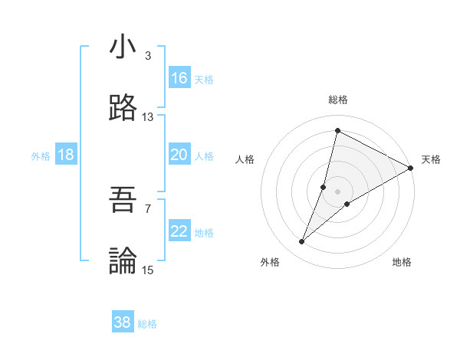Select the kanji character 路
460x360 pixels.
click(123, 109)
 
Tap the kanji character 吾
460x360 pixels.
click(123, 201)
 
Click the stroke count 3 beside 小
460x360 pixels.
click(147, 56)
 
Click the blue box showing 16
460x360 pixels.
click(179, 78)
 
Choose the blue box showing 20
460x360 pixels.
click(179, 155)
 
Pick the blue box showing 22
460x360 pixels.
click(179, 231)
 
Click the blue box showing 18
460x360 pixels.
click(66, 155)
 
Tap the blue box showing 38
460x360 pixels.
click(123, 322)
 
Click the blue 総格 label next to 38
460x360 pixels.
click(147, 324)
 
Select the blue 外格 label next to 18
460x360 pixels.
click(41, 156)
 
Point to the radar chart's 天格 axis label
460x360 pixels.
click(431, 159)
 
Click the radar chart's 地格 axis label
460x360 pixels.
click(402, 262)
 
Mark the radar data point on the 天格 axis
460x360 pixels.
click(410, 168)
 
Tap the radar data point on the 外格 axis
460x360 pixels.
click(302, 242)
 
